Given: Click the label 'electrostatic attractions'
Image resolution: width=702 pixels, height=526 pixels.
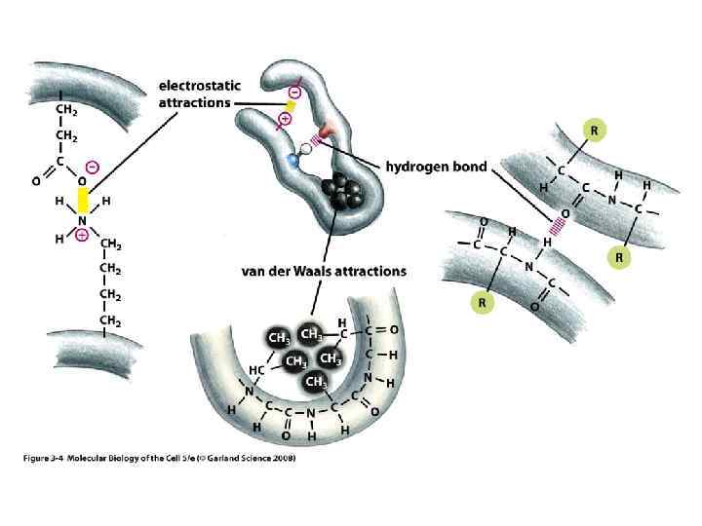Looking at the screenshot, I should (195, 93).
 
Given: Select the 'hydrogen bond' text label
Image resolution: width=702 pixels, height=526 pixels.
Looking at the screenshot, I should (437, 167).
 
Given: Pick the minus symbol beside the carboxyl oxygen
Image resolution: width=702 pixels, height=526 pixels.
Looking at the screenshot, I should (92, 166).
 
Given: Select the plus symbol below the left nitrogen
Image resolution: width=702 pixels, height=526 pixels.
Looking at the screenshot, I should (82, 235).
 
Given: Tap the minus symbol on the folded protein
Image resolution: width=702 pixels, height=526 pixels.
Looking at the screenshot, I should (294, 93).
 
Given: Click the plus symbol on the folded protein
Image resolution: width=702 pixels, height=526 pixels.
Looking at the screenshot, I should (285, 120).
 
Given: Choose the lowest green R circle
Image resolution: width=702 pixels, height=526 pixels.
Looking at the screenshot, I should (482, 304).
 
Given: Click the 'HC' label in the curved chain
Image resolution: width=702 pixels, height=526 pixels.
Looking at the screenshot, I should (256, 370).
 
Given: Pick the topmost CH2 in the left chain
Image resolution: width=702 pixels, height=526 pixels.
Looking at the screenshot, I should (67, 109).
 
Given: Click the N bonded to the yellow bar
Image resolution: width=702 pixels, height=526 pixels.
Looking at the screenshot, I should (82, 220).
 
